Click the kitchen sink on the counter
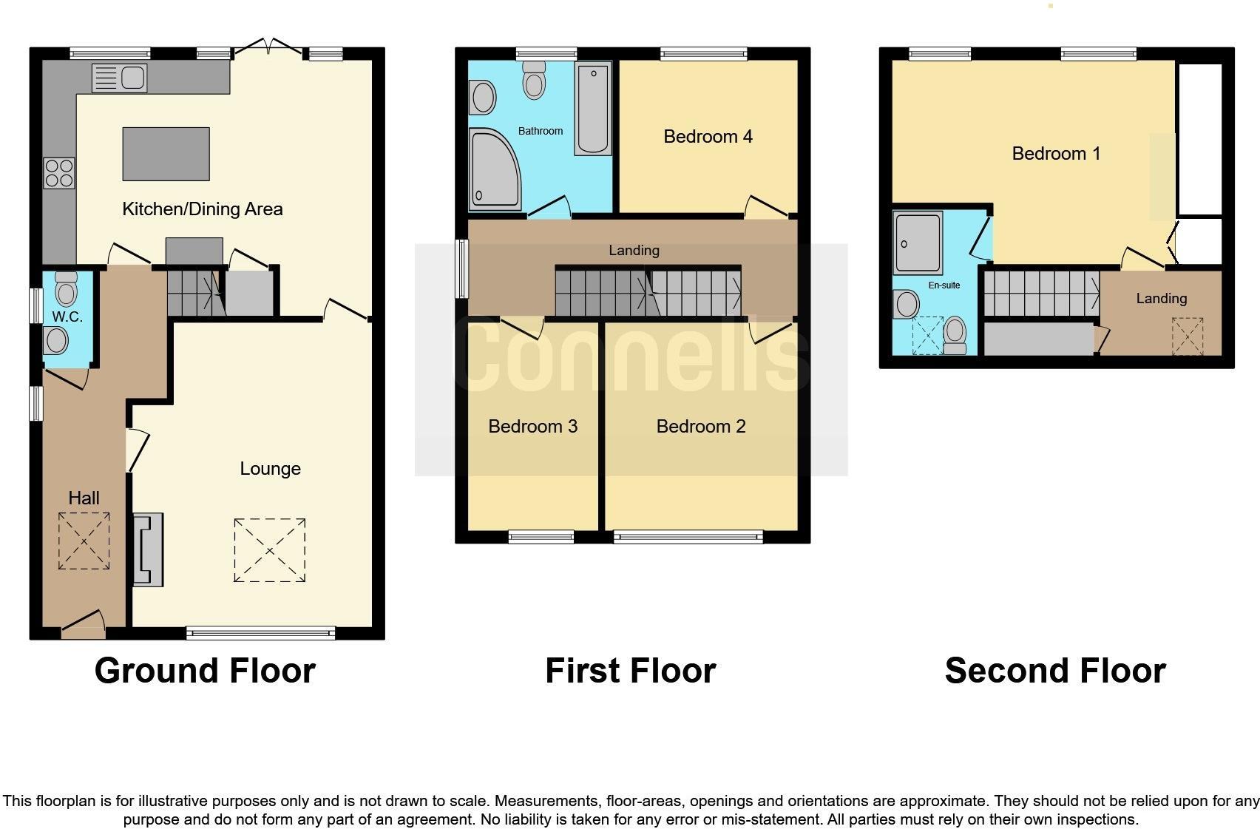(120, 78)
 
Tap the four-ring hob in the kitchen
(59, 173)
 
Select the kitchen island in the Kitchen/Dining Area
(166, 154)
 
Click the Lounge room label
(270, 469)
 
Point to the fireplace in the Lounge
(148, 549)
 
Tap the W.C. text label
(67, 317)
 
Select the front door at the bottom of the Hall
(83, 625)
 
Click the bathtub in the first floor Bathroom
(593, 109)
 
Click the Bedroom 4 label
(708, 137)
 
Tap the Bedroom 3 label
(532, 427)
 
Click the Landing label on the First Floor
(634, 251)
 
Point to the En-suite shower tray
(917, 242)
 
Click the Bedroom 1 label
(1055, 154)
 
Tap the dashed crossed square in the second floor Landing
(1187, 336)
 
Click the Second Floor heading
(1054, 671)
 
